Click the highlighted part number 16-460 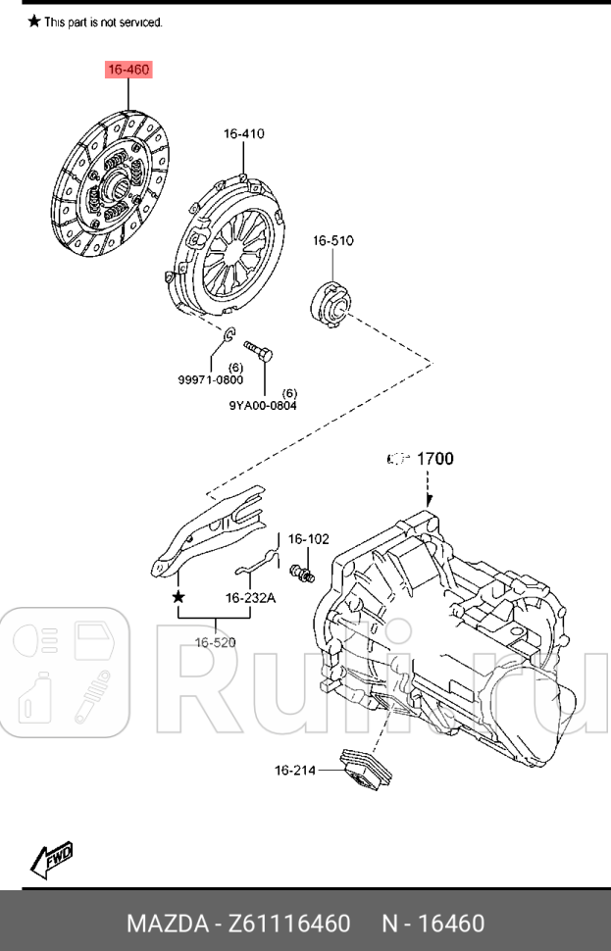pyautogui.click(x=128, y=71)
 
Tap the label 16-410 pyautogui.click(x=243, y=134)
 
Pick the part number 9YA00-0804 pyautogui.click(x=263, y=404)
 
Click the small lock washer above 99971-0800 pyautogui.click(x=227, y=338)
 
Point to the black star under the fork pyautogui.click(x=178, y=596)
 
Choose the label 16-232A pyautogui.click(x=250, y=597)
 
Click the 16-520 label pyautogui.click(x=215, y=643)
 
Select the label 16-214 pyautogui.click(x=294, y=771)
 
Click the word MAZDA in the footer pyautogui.click(x=163, y=924)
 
